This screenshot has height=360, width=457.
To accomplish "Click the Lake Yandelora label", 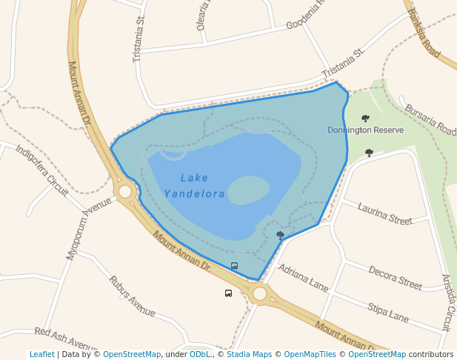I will coord(194,186).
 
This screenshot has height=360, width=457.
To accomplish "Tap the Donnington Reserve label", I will coord(365,130).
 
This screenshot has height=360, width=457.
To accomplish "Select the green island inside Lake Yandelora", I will coord(247,190).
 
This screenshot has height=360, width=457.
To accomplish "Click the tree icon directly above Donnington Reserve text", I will coord(365,118).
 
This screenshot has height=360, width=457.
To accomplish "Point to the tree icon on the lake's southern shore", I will coord(280,235).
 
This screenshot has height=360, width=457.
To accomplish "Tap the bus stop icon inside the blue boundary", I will coord(235,266).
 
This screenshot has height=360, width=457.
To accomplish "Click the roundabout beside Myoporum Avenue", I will coord(125,192).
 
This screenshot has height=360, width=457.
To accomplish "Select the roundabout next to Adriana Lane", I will coord(259,293).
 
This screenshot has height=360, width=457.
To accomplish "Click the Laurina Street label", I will coord(384,214).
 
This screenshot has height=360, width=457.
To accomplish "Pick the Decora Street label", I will coord(395,277).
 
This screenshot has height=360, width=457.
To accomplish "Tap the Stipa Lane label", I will coord(388,313).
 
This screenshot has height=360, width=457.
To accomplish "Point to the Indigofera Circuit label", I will coord(41,170).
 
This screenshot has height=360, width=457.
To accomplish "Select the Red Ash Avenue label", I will coord(66,340).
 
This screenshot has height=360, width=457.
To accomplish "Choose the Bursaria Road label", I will coord(430,119).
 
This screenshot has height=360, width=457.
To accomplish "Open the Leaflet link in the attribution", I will coord(41,355).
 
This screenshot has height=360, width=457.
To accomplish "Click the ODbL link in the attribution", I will coord(200,355).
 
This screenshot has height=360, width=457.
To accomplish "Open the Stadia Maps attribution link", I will coord(249,355).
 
